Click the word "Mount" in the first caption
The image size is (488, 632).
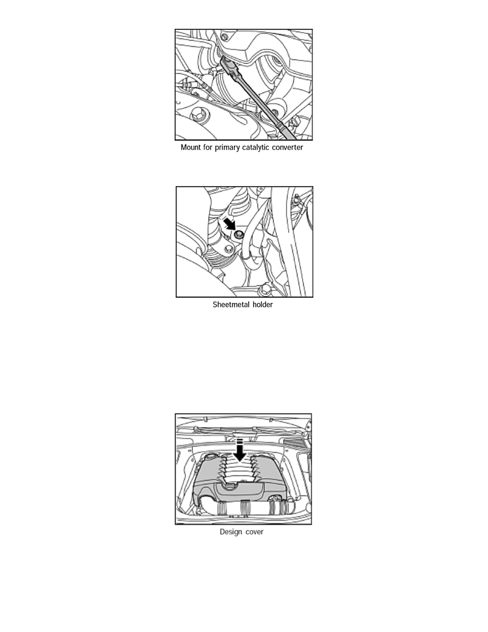click(190, 147)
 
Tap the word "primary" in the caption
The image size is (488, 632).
click(228, 148)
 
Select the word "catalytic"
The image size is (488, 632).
click(256, 148)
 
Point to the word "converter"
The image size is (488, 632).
click(288, 147)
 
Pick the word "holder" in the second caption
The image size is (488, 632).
click(263, 305)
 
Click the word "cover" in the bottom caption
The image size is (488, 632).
click(255, 532)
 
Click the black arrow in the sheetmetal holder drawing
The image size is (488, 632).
click(230, 223)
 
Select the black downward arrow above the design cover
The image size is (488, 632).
click(240, 450)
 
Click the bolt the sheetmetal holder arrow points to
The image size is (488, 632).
click(239, 234)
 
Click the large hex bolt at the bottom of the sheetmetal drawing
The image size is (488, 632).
click(265, 289)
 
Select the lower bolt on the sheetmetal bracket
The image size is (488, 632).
click(229, 248)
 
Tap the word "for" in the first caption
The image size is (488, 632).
click(207, 147)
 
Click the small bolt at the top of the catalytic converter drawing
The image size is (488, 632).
click(224, 37)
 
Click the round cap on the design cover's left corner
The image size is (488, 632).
click(210, 458)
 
